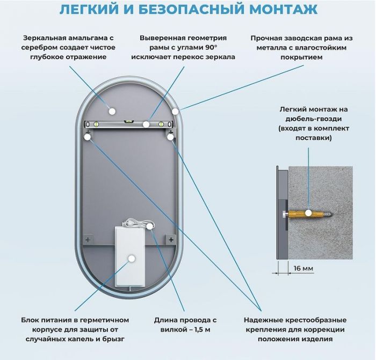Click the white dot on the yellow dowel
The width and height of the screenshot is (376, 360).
pos(308,213)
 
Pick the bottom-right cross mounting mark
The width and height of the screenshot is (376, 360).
pos(170,238)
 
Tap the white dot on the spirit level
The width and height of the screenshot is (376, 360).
pos(146,124)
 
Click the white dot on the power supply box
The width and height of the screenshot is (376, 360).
pos(131,259)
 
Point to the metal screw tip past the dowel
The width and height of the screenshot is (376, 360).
pos(334,213)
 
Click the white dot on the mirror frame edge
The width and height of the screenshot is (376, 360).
pos(175,111)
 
